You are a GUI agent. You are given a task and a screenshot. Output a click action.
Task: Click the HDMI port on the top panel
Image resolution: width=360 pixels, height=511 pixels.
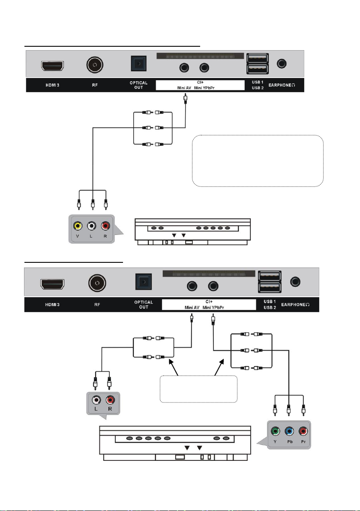[52, 66]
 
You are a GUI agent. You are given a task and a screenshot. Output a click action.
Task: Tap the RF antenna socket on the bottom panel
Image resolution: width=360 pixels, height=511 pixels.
[97, 283]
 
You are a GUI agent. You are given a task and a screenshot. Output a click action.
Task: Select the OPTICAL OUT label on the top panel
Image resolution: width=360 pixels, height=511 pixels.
[138, 85]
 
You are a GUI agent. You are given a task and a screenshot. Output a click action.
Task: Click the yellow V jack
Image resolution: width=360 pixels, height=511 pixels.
[78, 225]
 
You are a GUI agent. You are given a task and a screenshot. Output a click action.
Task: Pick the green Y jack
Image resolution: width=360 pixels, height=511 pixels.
[275, 431]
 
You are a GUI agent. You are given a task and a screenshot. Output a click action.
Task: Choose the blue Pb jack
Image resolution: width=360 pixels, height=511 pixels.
[289, 431]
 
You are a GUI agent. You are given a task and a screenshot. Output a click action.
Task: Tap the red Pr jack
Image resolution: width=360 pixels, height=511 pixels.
[303, 431]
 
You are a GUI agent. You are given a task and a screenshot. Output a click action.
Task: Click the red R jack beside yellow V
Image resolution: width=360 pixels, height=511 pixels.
[105, 225]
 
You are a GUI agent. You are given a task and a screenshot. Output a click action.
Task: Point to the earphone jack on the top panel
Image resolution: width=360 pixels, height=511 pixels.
[282, 63]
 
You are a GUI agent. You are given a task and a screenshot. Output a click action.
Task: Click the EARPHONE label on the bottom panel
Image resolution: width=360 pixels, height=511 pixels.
[295, 305]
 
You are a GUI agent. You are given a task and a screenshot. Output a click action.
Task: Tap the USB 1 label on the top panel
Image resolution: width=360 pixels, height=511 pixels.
[258, 82]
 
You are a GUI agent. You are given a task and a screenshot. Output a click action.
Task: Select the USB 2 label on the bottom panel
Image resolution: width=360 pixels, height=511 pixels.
[270, 308]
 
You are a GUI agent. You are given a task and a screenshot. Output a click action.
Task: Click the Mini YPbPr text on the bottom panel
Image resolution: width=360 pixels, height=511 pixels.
[213, 307]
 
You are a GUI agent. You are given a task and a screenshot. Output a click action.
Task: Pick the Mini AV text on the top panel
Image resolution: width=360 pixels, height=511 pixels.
[184, 87]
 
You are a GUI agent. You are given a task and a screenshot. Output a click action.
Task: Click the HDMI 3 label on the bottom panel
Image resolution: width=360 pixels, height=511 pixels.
[52, 305]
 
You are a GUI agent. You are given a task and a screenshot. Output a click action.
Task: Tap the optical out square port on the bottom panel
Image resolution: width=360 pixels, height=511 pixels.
[144, 282]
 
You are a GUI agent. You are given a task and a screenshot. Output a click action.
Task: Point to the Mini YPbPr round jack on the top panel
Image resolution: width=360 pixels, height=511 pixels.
[204, 67]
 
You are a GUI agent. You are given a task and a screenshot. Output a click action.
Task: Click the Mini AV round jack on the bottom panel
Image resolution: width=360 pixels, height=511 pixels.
[192, 286]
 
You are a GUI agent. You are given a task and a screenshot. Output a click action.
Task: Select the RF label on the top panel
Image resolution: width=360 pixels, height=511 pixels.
[95, 85]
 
